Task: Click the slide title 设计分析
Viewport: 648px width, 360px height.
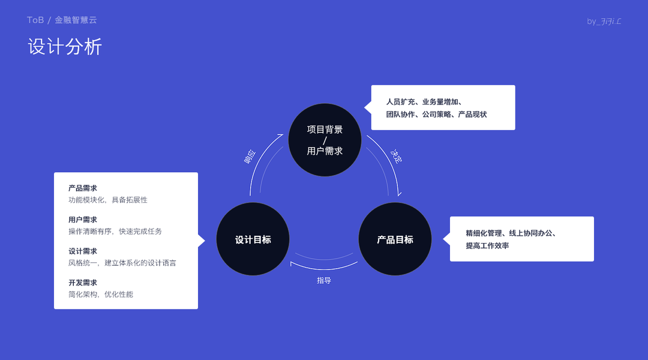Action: [x=65, y=47]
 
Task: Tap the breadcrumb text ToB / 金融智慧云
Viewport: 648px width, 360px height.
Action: [x=62, y=20]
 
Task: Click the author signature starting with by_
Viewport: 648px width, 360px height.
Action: [x=604, y=22]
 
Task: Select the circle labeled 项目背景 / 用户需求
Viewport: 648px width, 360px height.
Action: [x=325, y=140]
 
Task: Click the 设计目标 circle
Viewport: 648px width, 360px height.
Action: [x=253, y=239]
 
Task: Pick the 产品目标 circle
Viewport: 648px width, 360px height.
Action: [x=395, y=239]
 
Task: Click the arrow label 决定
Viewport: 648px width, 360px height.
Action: [x=397, y=156]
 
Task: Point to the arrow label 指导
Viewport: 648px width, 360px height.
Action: [x=324, y=280]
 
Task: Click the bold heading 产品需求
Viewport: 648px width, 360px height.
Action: [x=83, y=188]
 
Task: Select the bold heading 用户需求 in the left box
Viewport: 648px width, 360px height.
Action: [x=83, y=220]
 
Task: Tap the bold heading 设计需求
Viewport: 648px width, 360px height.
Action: [x=83, y=251]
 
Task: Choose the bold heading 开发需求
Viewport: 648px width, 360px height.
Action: [x=83, y=283]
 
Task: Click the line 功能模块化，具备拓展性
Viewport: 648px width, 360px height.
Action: [x=108, y=200]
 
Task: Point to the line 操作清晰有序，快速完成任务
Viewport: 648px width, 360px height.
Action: [x=115, y=231]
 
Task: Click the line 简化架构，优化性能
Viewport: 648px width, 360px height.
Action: [x=101, y=294]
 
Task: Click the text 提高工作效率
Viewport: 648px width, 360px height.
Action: [x=487, y=245]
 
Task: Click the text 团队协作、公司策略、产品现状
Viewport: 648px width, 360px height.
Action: [x=436, y=114]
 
